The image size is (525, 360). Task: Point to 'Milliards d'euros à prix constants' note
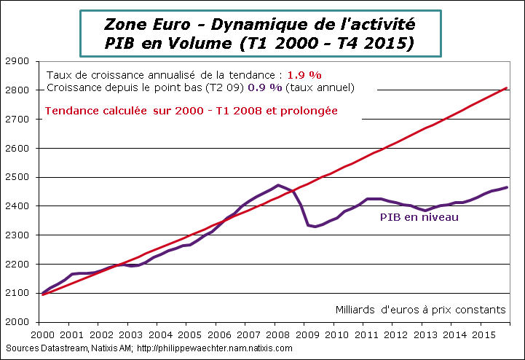(419, 309)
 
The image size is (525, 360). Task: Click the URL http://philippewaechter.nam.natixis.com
(214, 348)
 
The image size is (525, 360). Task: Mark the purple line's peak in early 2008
(278, 185)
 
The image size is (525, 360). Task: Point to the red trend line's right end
(507, 87)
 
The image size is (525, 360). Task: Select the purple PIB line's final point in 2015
(507, 187)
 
